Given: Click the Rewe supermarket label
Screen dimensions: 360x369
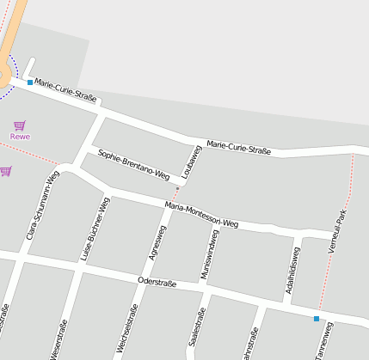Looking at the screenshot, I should pyautogui.click(x=19, y=136).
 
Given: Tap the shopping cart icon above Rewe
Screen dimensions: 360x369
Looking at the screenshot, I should pyautogui.click(x=19, y=125).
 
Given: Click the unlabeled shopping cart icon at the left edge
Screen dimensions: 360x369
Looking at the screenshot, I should pyautogui.click(x=5, y=171).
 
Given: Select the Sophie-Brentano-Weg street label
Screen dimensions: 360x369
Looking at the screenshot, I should pyautogui.click(x=133, y=164).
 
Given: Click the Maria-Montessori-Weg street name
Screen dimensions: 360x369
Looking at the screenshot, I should pyautogui.click(x=201, y=215).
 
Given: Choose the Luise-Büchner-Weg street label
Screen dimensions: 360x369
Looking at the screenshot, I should pyautogui.click(x=95, y=228).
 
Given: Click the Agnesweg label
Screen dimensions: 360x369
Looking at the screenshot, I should pyautogui.click(x=157, y=243).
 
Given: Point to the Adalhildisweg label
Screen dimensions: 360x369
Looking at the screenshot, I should pyautogui.click(x=292, y=271).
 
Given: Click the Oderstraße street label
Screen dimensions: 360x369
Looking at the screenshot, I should pyautogui.click(x=157, y=283).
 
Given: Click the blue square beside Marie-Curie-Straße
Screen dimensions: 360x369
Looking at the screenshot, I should pyautogui.click(x=30, y=82).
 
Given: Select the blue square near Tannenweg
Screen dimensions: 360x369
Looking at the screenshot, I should pyautogui.click(x=317, y=319).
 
